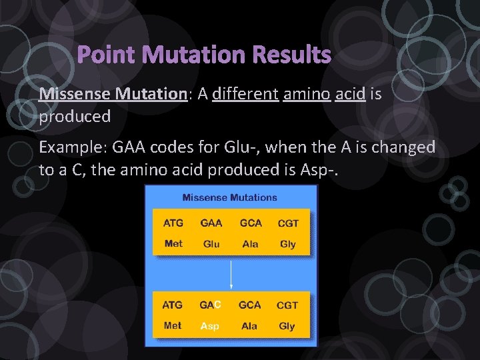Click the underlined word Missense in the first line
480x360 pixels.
tap(75, 94)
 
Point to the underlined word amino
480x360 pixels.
tap(307, 94)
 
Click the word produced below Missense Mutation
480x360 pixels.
tap(75, 117)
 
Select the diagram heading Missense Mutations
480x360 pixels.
tap(229, 197)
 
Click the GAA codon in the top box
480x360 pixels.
tap(211, 223)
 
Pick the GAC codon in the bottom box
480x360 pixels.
tap(210, 305)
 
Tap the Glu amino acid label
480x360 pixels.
tap(211, 244)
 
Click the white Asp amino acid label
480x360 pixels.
tap(210, 326)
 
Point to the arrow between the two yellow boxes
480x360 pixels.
tap(231, 273)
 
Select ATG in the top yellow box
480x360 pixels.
tap(173, 223)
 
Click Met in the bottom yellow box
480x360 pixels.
tap(173, 326)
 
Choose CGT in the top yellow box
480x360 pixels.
tap(288, 223)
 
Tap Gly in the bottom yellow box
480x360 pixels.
tap(287, 326)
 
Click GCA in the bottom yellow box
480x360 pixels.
tap(250, 305)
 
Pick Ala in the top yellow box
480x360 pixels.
tap(250, 244)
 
